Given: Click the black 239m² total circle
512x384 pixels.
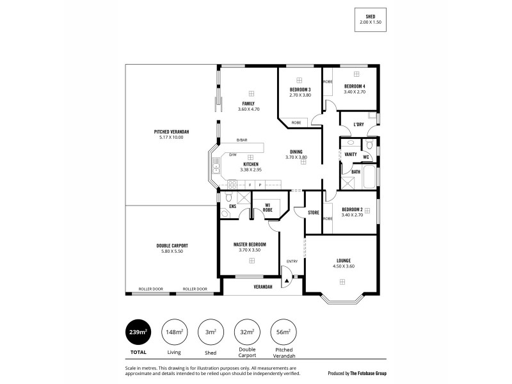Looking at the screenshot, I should point(139,332).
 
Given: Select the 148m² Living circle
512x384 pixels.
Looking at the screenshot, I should point(174,332).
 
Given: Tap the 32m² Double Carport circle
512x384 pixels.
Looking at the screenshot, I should point(246,332).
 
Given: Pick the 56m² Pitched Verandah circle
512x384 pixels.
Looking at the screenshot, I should point(283,332).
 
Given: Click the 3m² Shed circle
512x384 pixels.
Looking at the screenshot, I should point(211,332).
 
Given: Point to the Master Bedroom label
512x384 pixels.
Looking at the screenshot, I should point(249,244).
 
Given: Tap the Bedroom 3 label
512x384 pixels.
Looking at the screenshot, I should point(300,89).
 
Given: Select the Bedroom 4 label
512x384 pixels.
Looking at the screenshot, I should point(354,86).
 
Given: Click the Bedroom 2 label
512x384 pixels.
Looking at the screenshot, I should point(352,209).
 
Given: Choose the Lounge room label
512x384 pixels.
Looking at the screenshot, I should point(344,260).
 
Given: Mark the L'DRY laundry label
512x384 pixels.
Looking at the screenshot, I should point(358,125).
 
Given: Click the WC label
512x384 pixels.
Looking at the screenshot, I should point(366,157).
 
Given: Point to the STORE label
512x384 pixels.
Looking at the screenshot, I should point(313,212).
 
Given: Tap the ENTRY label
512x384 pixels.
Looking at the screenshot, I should point(292,260).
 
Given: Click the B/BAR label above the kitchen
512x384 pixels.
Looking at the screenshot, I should point(241,140).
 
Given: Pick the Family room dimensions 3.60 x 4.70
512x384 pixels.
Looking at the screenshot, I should point(248,109).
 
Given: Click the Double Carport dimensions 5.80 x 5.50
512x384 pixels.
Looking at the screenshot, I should point(172,252).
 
